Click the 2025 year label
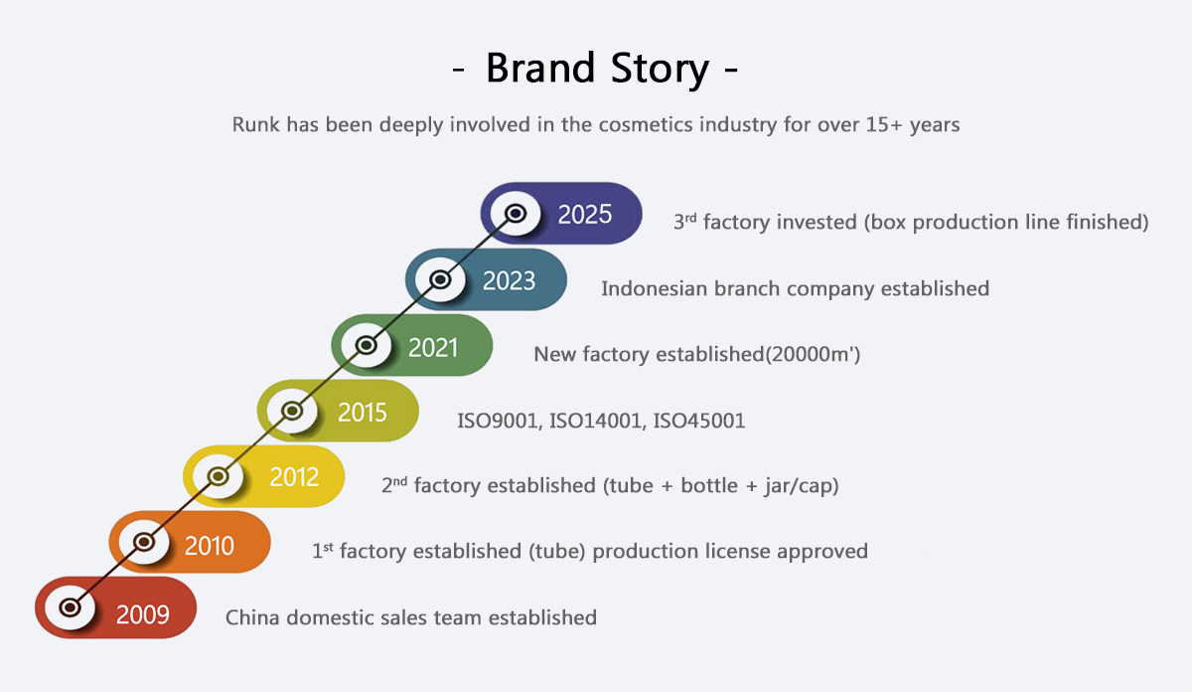585,215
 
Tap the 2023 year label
510,281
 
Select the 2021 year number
434,348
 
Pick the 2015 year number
362,413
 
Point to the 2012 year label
294,477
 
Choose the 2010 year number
210,545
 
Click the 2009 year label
142,613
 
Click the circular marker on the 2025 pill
516,214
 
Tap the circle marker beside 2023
442,280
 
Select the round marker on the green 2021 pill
367,345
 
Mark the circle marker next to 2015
292,410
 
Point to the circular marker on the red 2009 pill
70,606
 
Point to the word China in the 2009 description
252,617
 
